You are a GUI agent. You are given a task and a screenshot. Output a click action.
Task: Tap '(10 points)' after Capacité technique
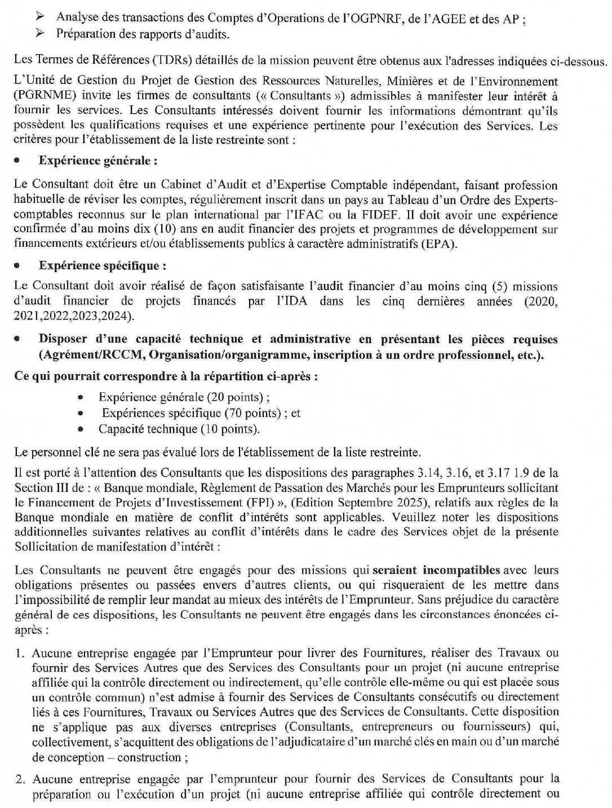[x=230, y=429]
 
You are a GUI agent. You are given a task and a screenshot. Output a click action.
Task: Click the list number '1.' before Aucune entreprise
[x=21, y=654]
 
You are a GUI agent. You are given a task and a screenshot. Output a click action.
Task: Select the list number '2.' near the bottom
[x=21, y=780]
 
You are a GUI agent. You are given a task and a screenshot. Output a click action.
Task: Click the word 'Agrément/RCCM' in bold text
[x=83, y=355]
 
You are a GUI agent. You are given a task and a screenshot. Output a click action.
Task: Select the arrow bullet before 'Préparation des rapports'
[x=41, y=34]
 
